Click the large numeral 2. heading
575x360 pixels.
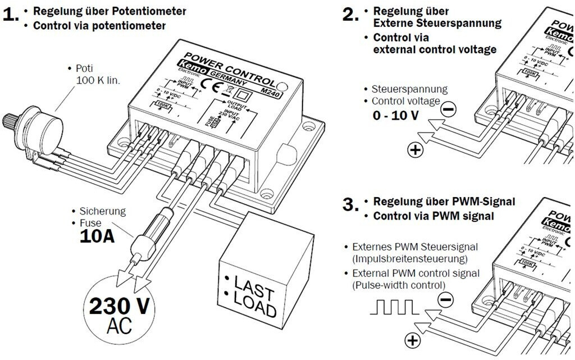(350, 15)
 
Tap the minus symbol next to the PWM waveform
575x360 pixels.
(444, 300)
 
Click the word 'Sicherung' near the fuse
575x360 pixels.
(102, 211)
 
